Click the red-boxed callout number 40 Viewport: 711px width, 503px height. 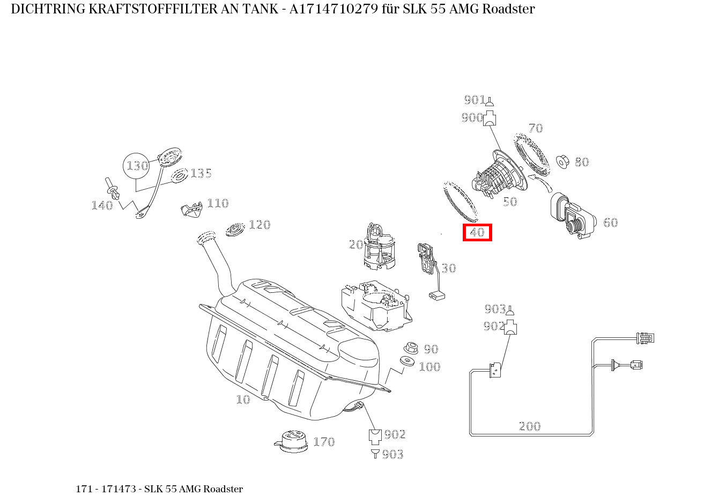point(477,233)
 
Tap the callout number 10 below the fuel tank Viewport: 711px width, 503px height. point(243,400)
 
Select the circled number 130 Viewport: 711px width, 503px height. point(137,166)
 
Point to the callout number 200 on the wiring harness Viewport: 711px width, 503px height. point(530,426)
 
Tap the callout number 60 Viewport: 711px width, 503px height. point(610,223)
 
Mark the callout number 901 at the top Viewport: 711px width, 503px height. point(474,100)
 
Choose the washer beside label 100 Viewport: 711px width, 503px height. point(408,362)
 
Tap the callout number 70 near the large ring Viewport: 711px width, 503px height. point(535,128)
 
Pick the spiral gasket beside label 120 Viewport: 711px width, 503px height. point(234,228)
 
